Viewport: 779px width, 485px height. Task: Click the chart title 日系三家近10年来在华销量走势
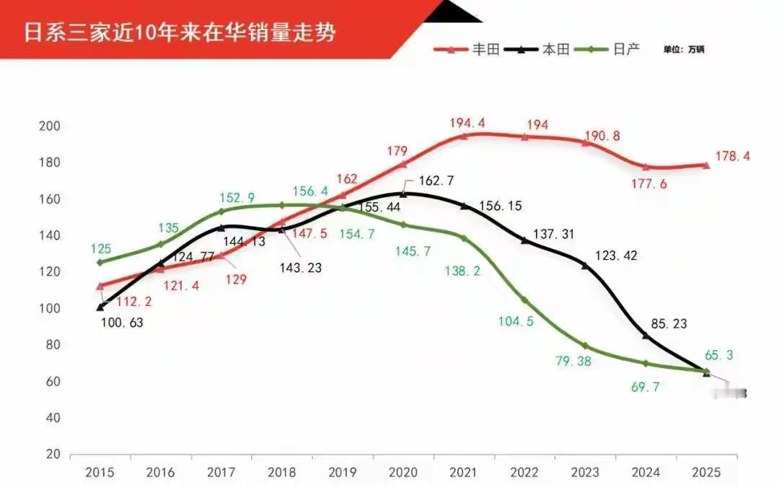coord(180,33)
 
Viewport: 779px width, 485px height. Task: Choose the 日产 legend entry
coord(627,49)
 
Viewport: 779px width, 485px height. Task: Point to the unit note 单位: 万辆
coord(684,49)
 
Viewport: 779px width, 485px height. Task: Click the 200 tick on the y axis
coord(49,126)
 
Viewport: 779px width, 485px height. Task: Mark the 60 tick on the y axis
coord(49,382)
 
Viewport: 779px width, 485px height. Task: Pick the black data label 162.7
coord(436,180)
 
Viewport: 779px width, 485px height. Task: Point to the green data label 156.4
coord(311,191)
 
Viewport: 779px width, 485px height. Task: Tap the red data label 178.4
coord(732,156)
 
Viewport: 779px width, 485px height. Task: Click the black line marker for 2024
coord(646,336)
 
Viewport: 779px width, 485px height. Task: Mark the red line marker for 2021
coord(464,135)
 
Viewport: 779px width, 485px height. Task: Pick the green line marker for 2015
coord(100,262)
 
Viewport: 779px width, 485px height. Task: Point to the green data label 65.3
coord(728,355)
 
